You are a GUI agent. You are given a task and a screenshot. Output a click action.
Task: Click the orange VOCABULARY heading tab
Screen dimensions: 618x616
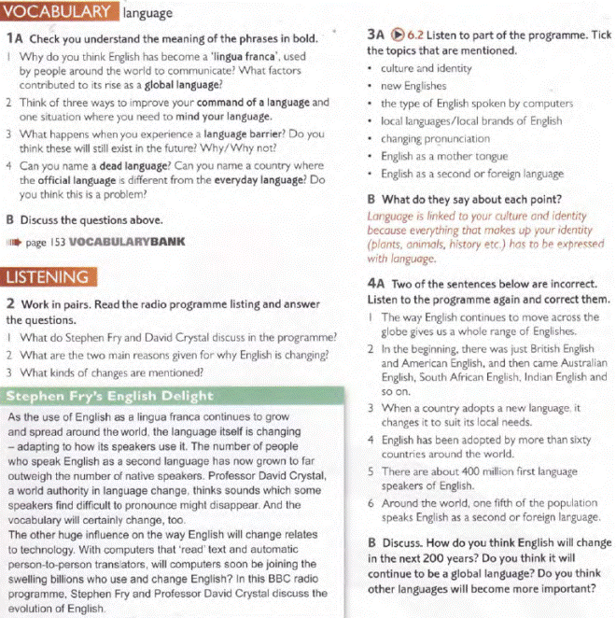[x=60, y=12]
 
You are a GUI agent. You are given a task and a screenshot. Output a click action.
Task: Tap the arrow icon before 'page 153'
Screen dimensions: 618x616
[x=13, y=241]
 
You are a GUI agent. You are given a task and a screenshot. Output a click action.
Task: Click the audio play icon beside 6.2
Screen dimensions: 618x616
[x=398, y=35]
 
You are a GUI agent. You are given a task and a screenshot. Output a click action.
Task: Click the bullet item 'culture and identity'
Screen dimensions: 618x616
[x=426, y=68]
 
